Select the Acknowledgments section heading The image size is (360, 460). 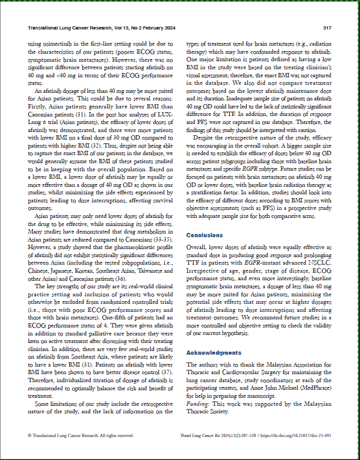point(214,353)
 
